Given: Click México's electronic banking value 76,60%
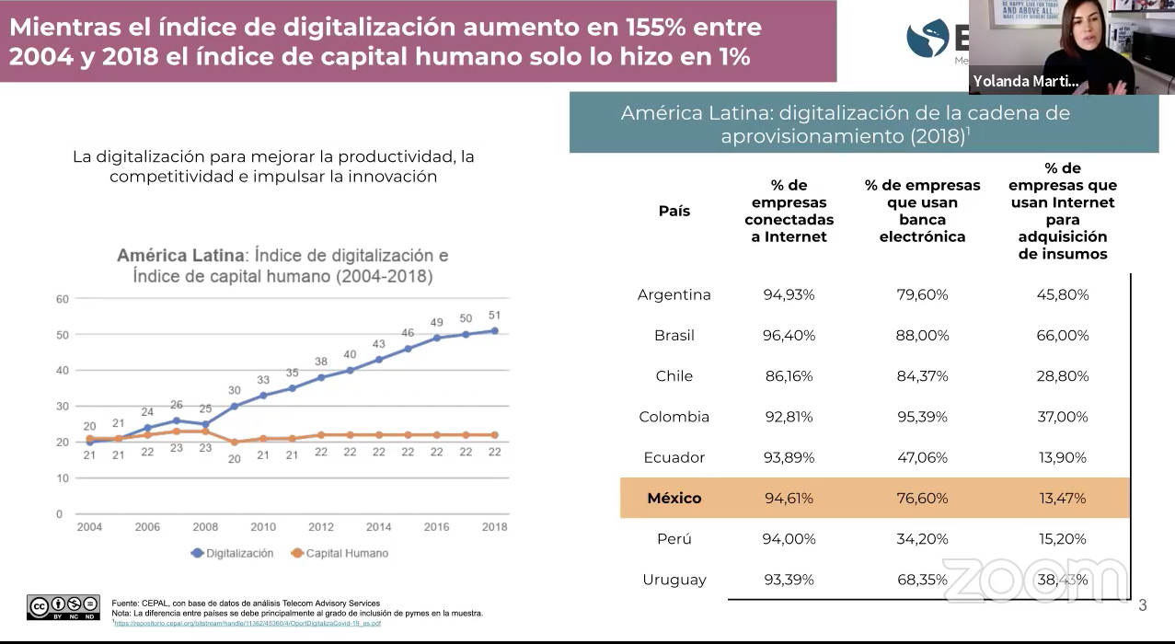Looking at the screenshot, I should click(x=922, y=498).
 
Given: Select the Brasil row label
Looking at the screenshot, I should click(x=674, y=336).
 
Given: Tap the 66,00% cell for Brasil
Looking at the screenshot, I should click(x=1063, y=336).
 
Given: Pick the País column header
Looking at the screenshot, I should click(x=674, y=211).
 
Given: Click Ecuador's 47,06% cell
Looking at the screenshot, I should click(x=922, y=457).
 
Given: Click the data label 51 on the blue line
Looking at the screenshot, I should click(x=494, y=315).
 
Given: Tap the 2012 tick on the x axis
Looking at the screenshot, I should click(x=320, y=527).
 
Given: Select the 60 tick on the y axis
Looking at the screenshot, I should click(x=63, y=299).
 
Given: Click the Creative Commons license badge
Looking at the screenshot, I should click(x=63, y=606).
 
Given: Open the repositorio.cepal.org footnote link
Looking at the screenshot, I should click(x=248, y=623).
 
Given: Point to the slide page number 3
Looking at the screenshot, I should click(x=1143, y=604).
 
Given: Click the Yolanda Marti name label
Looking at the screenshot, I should click(x=1026, y=82).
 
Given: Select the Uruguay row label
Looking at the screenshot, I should click(x=674, y=580).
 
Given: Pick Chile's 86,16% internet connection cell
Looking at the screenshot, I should click(x=789, y=376).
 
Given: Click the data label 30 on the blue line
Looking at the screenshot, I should click(x=235, y=390).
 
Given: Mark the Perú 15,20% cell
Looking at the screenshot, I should click(x=1063, y=539).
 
